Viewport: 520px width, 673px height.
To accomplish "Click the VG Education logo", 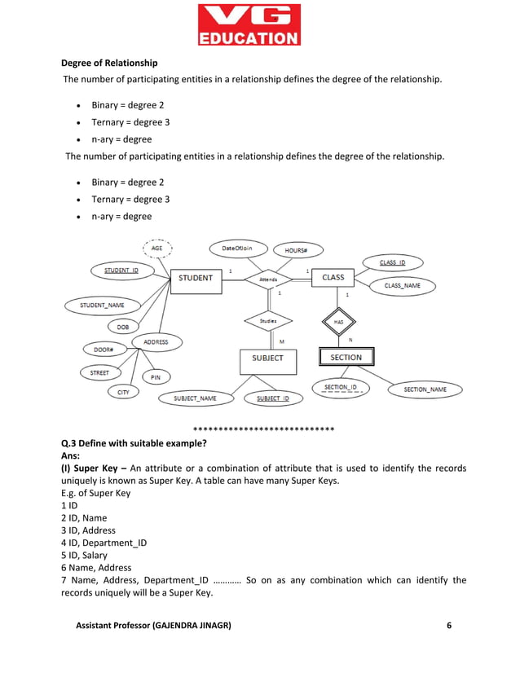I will [249, 24].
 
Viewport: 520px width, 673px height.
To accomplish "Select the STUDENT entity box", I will [196, 278].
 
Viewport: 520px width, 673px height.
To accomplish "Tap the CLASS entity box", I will [333, 278].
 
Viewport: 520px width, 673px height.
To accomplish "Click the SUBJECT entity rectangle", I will [268, 358].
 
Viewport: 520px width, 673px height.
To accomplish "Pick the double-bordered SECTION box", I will [346, 358].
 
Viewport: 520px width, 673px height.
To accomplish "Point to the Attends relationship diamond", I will [268, 279].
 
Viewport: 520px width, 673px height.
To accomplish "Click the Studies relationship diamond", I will [268, 321].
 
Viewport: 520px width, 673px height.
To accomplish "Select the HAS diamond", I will [338, 322].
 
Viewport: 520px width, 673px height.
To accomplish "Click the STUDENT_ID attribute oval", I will [121, 270].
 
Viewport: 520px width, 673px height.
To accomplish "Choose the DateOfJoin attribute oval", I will [236, 248].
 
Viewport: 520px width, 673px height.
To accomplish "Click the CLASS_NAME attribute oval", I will [403, 286].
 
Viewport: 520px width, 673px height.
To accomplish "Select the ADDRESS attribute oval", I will [156, 342].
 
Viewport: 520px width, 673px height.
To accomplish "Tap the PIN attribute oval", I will [156, 377].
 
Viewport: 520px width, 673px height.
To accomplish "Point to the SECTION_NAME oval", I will [425, 389].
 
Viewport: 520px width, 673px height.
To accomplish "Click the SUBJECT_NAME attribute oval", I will [196, 398].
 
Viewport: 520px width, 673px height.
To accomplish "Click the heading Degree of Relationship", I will [110, 63].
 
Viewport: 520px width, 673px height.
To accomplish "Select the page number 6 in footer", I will [448, 625].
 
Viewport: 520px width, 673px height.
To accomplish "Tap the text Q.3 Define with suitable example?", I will [134, 443].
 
